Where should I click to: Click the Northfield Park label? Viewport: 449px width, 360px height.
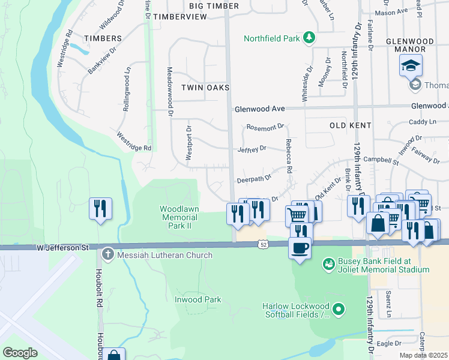(271, 39)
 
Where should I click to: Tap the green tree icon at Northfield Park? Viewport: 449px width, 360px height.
(309, 38)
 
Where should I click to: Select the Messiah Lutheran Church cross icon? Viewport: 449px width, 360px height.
(107, 254)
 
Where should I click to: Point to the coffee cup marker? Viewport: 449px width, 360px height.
(300, 247)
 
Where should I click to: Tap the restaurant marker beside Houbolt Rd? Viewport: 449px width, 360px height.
(100, 209)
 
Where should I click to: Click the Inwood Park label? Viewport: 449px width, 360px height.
(197, 299)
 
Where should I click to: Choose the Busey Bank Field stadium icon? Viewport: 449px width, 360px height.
(328, 263)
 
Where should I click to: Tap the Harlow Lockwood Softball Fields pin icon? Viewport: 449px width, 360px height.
(339, 310)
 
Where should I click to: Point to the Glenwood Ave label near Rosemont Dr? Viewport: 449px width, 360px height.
(259, 109)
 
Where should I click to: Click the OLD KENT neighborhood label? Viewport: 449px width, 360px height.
(351, 125)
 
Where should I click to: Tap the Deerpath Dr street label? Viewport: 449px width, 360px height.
(254, 178)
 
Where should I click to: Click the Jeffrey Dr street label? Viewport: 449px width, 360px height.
(251, 148)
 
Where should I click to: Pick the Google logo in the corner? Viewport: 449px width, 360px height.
(20, 352)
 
